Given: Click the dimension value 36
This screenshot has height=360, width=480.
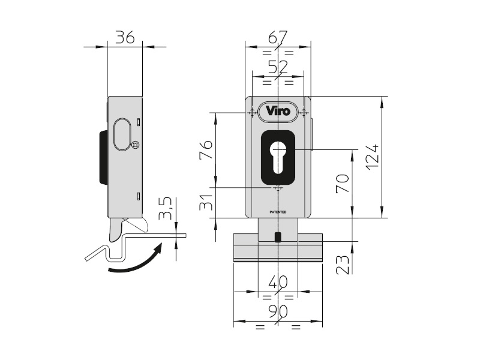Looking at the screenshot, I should point(124,38).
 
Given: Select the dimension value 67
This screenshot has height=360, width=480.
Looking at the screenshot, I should point(277,38).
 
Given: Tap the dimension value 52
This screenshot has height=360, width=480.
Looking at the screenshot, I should point(277,67).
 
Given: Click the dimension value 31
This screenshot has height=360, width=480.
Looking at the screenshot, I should point(205,203).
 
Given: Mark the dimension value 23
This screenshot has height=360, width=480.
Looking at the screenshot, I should point(342,264).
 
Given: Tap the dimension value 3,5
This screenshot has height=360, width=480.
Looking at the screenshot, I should point(167,208).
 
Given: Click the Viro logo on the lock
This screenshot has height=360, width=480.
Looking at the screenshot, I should point(278,111).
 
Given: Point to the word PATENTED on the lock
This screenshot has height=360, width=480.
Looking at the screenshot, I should point(278,212).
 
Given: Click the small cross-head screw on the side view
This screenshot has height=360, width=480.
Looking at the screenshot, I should point(135,145).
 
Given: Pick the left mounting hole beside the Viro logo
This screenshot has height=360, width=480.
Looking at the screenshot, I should point(252,111).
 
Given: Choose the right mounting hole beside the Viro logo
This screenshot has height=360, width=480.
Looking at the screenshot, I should point(304,111).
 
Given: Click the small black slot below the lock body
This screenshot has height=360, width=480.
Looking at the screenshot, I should point(277,237).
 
